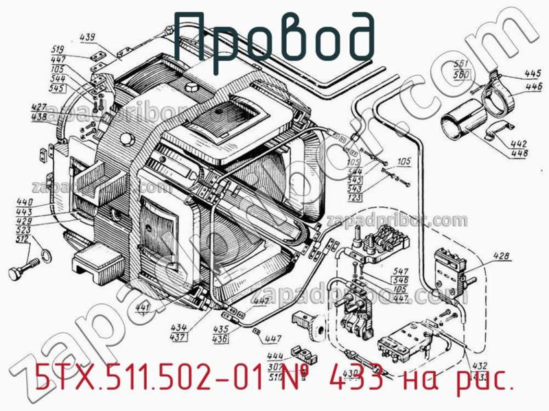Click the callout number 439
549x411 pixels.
pyautogui.click(x=106, y=38)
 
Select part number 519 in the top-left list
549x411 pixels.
pyautogui.click(x=58, y=49)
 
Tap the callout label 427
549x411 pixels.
pyautogui.click(x=39, y=107)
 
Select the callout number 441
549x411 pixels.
pyautogui.click(x=143, y=307)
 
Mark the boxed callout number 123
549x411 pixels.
pyautogui.click(x=354, y=198)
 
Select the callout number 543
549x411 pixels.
pyautogui.click(x=354, y=189)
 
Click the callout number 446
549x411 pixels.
pyautogui.click(x=533, y=86)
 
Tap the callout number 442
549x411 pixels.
pyautogui.click(x=519, y=143)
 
